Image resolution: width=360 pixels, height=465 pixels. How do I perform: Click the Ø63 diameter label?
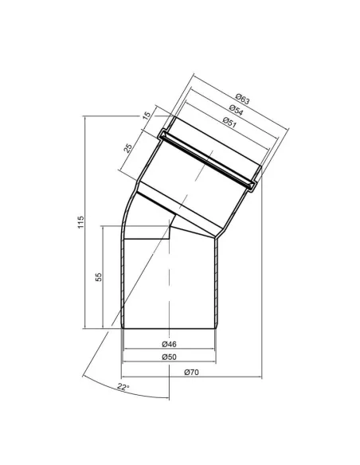(243, 99)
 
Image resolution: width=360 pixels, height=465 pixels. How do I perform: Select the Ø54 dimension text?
(236, 110)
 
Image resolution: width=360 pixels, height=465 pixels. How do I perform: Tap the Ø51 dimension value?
(229, 122)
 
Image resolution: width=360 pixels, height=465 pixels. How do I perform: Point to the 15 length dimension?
(147, 115)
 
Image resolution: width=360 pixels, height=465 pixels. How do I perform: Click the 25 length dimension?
(127, 147)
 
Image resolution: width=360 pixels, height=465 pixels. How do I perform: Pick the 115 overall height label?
(80, 222)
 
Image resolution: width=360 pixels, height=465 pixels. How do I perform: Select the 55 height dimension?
(99, 277)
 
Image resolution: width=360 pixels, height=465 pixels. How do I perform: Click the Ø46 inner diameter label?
(169, 344)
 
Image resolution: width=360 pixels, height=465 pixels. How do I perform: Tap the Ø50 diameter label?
(169, 357)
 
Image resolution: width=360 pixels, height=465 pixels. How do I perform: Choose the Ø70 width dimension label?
(191, 372)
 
